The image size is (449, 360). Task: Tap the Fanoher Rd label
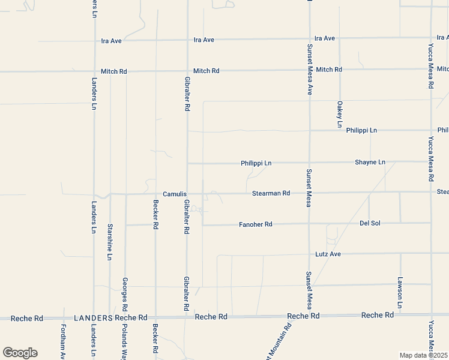(256, 224)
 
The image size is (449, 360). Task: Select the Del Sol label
(371, 223)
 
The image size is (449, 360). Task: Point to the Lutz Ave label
(328, 254)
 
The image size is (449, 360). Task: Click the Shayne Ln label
(370, 162)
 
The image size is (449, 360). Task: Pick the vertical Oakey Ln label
(339, 114)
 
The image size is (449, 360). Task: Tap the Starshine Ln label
(110, 241)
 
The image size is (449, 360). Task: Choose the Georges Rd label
(125, 293)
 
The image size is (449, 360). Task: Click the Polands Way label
(125, 342)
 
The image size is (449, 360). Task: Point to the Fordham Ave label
(63, 342)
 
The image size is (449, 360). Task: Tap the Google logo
(20, 353)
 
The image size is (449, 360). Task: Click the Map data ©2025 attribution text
(423, 355)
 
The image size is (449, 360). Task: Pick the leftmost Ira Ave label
(111, 41)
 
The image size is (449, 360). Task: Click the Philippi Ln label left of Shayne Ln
(256, 163)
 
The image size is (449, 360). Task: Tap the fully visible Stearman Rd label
(271, 193)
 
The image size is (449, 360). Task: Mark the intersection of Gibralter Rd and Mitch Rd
(187, 71)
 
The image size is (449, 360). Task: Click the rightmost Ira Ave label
(325, 38)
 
